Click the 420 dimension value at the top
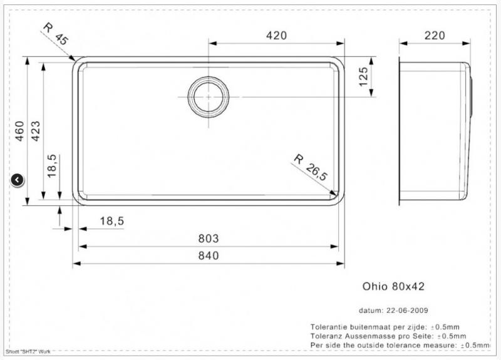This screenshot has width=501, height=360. coord(276,36)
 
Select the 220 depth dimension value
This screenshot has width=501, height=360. coord(435,36)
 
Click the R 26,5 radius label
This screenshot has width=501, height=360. coord(311,167)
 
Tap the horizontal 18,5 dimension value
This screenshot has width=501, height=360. coord(111,220)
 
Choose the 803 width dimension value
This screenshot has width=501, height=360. coord(208,239)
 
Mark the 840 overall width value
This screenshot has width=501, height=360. coord(208,255)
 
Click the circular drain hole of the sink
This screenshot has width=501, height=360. coord(208,97)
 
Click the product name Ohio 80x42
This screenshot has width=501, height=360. coord(393,286)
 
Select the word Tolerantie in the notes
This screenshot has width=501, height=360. coord(329,327)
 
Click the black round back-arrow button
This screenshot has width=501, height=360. coord(18,180)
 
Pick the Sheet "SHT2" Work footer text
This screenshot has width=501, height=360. coord(27,352)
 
